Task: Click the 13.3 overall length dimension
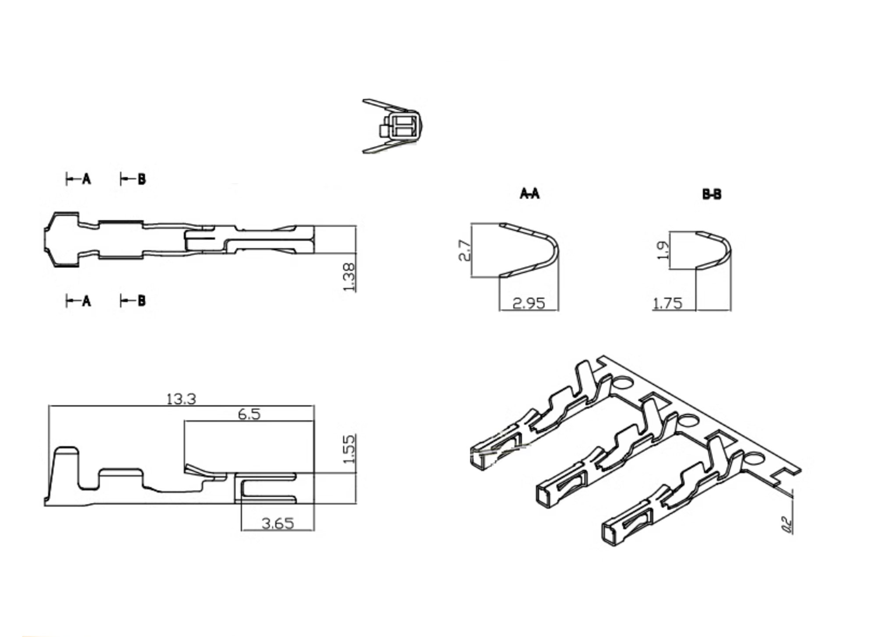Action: coord(181,399)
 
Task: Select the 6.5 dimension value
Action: coord(249,414)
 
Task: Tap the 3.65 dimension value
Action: coord(278,523)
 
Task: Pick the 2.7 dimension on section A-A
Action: coord(465,251)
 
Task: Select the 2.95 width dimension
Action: coord(529,303)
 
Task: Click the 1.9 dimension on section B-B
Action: coord(663,250)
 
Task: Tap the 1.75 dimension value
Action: coord(668,303)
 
